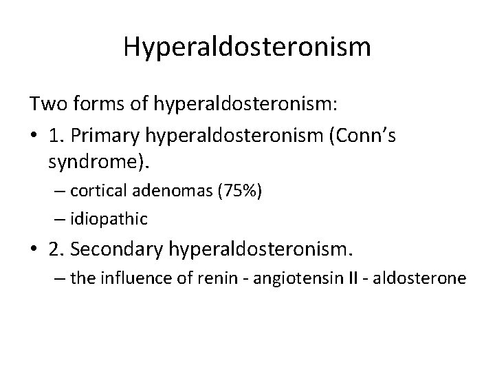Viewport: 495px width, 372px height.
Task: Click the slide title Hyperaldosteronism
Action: pyautogui.click(x=247, y=47)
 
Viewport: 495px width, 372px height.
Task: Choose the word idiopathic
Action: pyautogui.click(x=110, y=218)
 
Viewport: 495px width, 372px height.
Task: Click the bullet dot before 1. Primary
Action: pyautogui.click(x=34, y=135)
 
